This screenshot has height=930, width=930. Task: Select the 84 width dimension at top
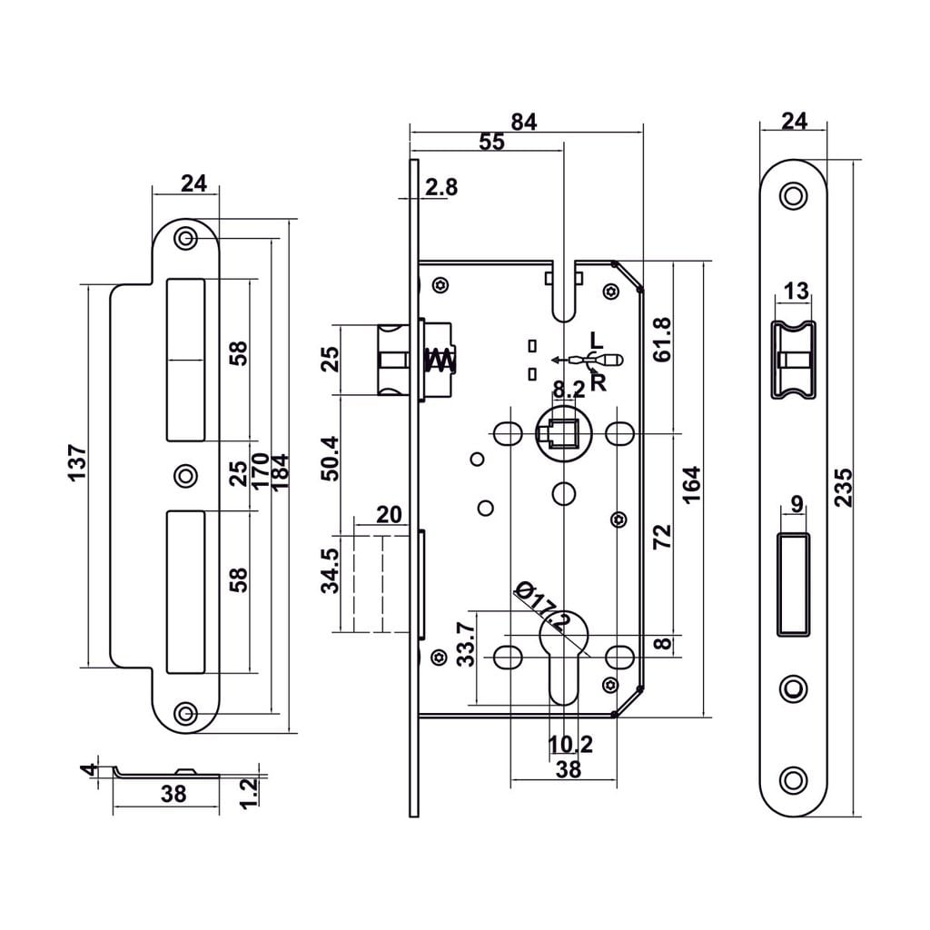[524, 122]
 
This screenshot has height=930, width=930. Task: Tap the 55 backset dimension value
[491, 142]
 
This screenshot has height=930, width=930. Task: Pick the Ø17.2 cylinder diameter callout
[541, 606]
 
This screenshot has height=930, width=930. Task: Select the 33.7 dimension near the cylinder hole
[466, 644]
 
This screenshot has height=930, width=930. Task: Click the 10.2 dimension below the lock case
[570, 745]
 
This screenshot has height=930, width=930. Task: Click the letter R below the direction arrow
[597, 381]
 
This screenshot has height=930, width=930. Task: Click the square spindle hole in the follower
[564, 435]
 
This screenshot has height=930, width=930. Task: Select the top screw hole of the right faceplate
[794, 196]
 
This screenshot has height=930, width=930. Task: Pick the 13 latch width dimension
[795, 292]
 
